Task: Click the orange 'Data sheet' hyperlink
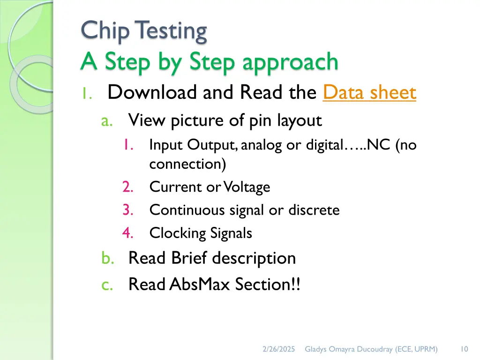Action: tap(369, 93)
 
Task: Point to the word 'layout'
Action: tap(299, 121)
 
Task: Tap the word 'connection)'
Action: tap(187, 164)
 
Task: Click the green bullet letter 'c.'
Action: tap(107, 285)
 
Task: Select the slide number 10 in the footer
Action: tap(464, 349)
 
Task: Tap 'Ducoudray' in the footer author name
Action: tap(378, 349)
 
